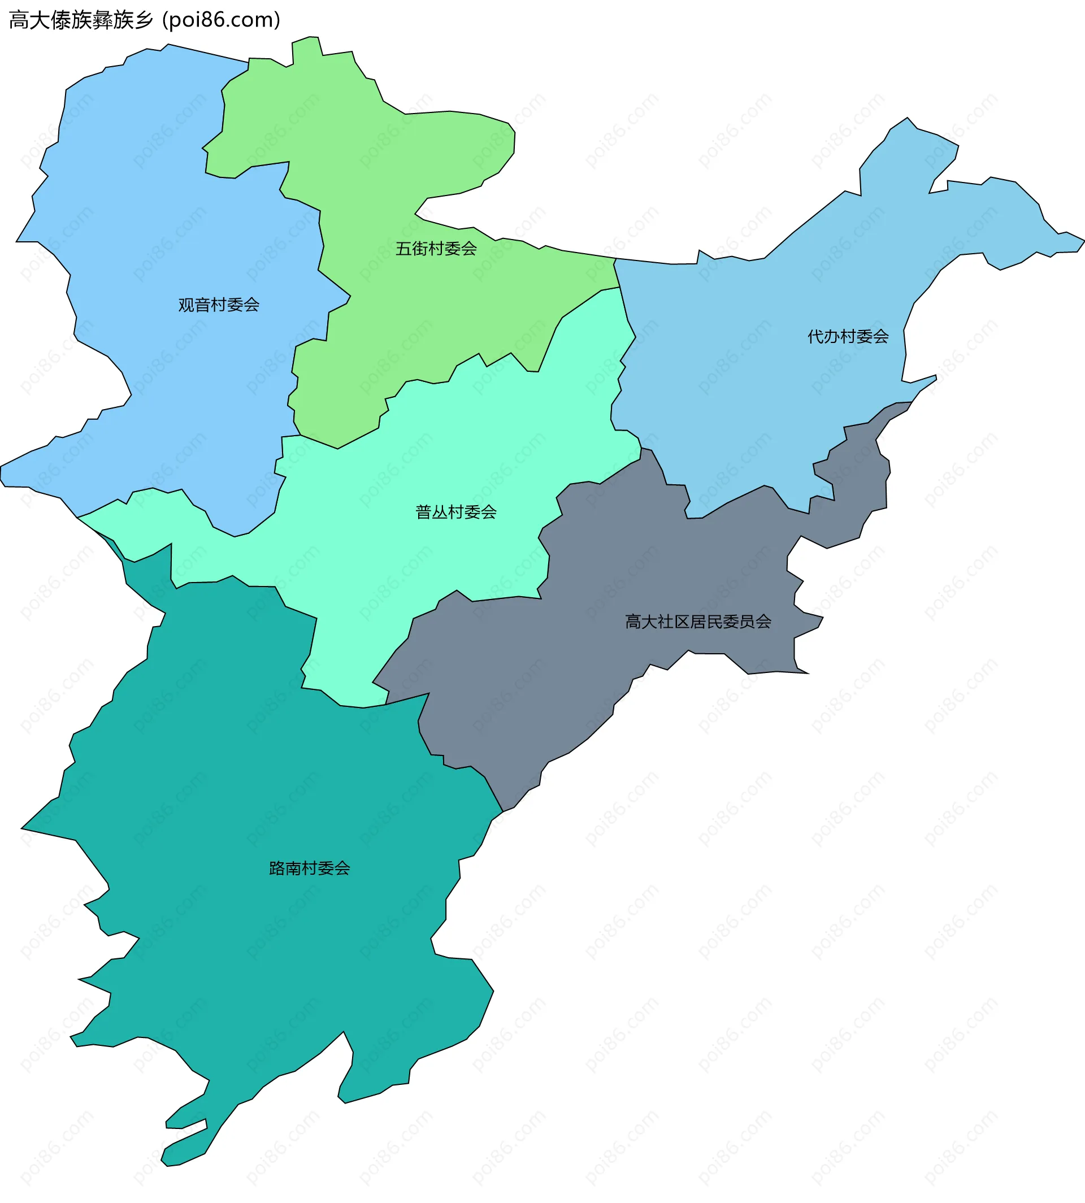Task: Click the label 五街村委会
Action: [x=436, y=249]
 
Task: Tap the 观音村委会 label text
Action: [x=219, y=305]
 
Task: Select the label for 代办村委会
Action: [x=848, y=337]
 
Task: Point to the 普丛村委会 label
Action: [x=456, y=511]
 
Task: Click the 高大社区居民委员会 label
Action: [x=697, y=622]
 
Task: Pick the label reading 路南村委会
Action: [x=310, y=868]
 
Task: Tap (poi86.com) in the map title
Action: [x=221, y=20]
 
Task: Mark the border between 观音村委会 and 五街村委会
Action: [x=321, y=238]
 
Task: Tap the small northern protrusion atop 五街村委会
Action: [x=306, y=45]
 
